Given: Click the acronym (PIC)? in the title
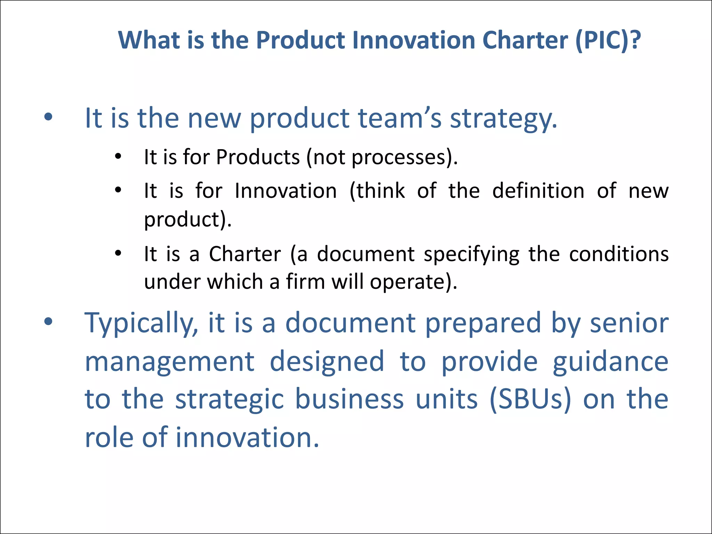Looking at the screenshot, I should coord(608,41).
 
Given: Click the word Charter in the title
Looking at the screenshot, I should coord(525,41).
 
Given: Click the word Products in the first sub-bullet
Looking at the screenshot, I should coord(258,157).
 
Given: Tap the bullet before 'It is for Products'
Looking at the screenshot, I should coord(118,157).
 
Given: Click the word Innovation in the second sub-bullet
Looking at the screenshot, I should coord(286,191).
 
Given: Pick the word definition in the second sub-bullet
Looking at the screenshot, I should coord(538,191).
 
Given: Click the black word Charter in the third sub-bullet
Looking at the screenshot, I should coord(245,254).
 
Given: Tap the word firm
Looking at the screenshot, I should coord(305,282).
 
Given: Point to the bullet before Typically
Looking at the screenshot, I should coord(48,322).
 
